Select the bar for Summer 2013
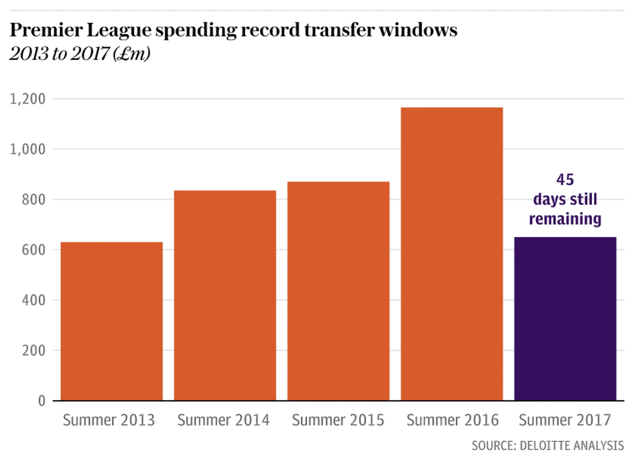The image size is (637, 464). (x=112, y=321)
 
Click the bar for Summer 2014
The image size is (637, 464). (x=225, y=295)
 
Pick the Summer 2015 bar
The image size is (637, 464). (x=339, y=291)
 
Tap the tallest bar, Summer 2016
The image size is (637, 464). (x=452, y=254)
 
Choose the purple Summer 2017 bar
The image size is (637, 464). (x=565, y=318)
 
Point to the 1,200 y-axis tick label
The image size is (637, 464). (x=27, y=99)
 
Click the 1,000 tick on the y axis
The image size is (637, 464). (x=27, y=149)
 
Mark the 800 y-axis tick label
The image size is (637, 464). (x=33, y=200)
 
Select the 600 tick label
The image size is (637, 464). (x=33, y=250)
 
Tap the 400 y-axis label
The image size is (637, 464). (x=33, y=300)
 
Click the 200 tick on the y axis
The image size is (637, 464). (x=33, y=350)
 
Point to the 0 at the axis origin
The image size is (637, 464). (x=41, y=401)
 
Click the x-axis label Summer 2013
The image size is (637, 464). (x=109, y=420)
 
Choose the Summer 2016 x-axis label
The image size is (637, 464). (x=452, y=420)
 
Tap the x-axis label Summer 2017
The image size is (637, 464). (x=565, y=420)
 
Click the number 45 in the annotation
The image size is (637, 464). (x=565, y=180)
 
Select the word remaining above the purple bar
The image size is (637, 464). (x=565, y=219)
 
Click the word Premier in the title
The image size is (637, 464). (x=46, y=30)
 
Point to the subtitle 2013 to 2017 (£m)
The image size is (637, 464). (x=80, y=54)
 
